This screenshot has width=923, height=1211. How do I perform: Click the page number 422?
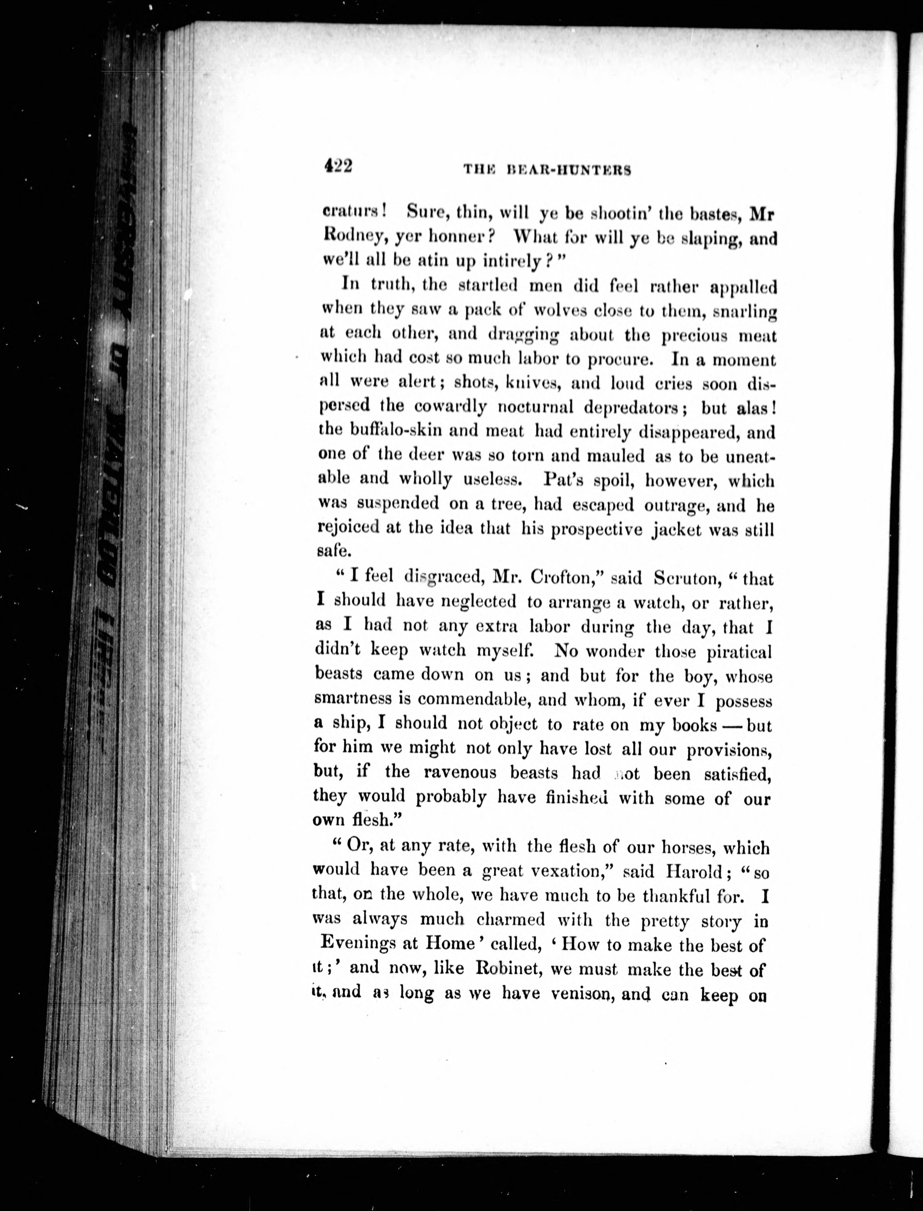click(x=338, y=166)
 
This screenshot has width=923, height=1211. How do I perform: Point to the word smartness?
click(x=353, y=699)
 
